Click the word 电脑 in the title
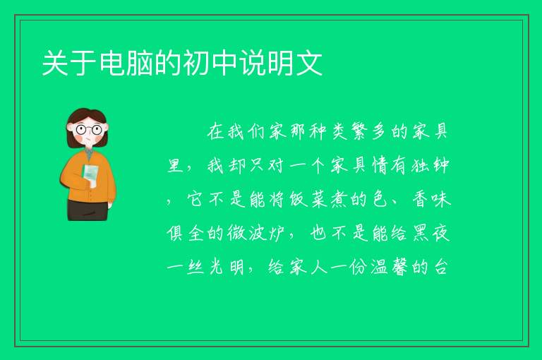tap(126, 63)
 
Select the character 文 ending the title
tap(309, 63)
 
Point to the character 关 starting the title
tap(55, 63)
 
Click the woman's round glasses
tap(88, 130)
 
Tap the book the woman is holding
tap(90, 174)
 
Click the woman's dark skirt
tap(88, 210)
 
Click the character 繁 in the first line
tap(360, 132)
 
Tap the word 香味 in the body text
tap(431, 200)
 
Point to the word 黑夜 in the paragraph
tap(431, 234)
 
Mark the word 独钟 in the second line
tap(430, 166)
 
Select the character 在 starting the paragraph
tap(217, 132)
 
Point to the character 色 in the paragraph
tap(380, 200)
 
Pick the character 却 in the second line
tap(237, 166)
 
